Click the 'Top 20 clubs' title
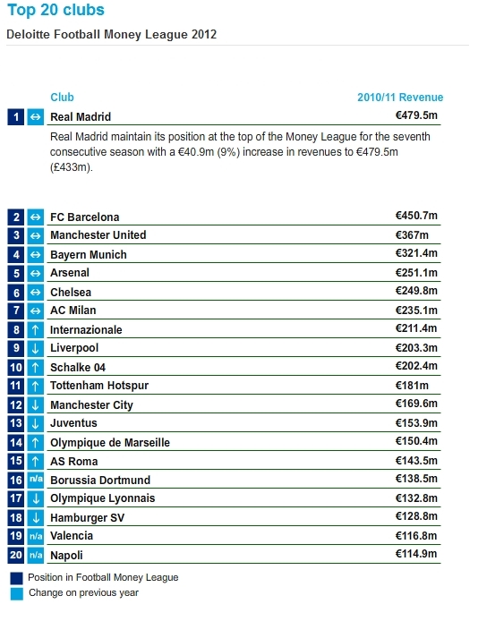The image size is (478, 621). (x=55, y=11)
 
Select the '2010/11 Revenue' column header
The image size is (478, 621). (x=400, y=98)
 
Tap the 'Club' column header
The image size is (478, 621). (x=62, y=98)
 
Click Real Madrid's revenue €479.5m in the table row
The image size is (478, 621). (x=416, y=115)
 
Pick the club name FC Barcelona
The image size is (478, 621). (x=85, y=217)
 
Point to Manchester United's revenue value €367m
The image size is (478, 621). (x=412, y=234)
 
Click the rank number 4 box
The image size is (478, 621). (x=16, y=254)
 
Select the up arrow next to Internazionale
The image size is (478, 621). (x=35, y=329)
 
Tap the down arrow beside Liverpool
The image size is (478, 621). (x=35, y=348)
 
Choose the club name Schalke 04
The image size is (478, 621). (x=78, y=368)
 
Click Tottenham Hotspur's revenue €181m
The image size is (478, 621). (x=412, y=386)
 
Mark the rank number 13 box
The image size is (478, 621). (x=16, y=423)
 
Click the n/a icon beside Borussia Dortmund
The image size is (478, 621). (x=36, y=480)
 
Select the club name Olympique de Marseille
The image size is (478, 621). (x=110, y=442)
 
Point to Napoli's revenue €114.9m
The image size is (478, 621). (x=416, y=554)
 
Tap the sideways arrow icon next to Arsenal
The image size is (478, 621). (x=35, y=273)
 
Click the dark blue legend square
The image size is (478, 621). (x=17, y=578)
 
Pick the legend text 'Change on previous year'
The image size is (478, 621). (x=83, y=593)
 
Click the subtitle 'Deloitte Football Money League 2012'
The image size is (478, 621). (x=112, y=35)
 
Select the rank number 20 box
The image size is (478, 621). (x=16, y=555)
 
